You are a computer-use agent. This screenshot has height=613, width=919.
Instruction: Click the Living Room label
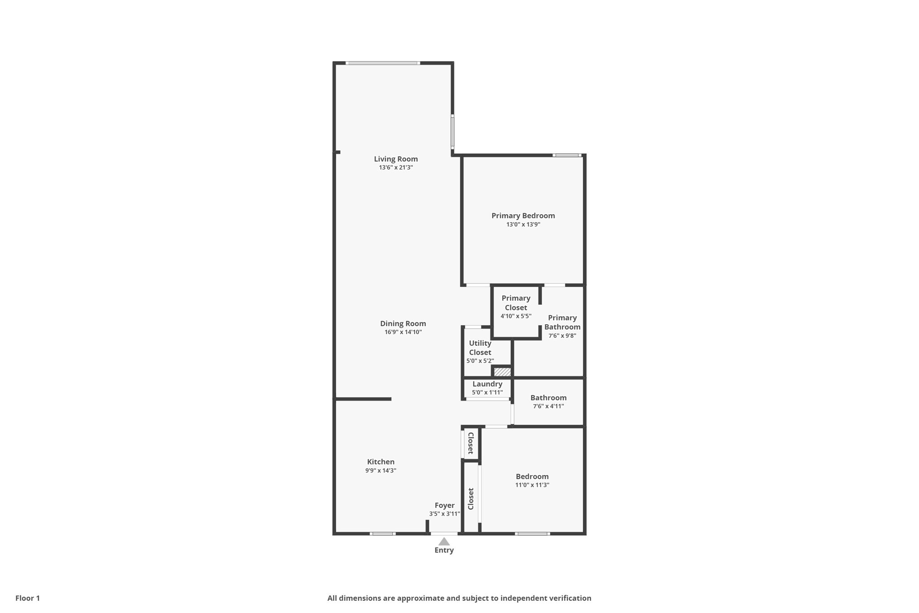[x=396, y=159]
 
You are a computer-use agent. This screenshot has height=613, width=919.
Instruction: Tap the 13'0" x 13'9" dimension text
[x=523, y=225]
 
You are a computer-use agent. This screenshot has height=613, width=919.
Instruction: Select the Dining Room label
[x=403, y=323]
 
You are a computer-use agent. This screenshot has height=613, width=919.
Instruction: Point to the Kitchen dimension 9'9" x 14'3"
[x=381, y=471]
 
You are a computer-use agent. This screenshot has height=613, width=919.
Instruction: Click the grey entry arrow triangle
[x=444, y=542]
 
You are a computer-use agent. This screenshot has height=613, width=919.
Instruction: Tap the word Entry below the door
[x=444, y=550]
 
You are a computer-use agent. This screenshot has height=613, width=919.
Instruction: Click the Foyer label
[x=444, y=505]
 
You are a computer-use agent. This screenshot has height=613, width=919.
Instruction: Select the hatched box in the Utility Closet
[x=502, y=372]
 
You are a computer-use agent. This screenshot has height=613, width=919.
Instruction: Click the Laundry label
[x=487, y=384]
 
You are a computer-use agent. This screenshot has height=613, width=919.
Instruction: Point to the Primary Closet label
[x=516, y=303]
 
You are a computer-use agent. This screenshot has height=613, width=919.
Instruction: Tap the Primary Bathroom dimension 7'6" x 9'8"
[x=562, y=335]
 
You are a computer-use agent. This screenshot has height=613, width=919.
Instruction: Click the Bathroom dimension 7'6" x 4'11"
[x=548, y=406]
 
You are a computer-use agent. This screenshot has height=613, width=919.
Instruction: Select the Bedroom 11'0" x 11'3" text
[x=532, y=485]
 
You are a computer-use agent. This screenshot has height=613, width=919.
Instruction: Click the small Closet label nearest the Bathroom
[x=471, y=443]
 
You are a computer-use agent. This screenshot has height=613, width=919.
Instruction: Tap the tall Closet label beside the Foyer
[x=471, y=498]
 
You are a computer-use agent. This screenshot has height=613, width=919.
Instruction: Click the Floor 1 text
[x=27, y=598]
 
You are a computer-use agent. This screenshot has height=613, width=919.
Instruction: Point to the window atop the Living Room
[x=383, y=63]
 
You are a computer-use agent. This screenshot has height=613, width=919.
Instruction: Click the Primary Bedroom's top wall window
[x=567, y=155]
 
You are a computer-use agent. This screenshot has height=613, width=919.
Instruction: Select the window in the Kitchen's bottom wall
[x=383, y=534]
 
